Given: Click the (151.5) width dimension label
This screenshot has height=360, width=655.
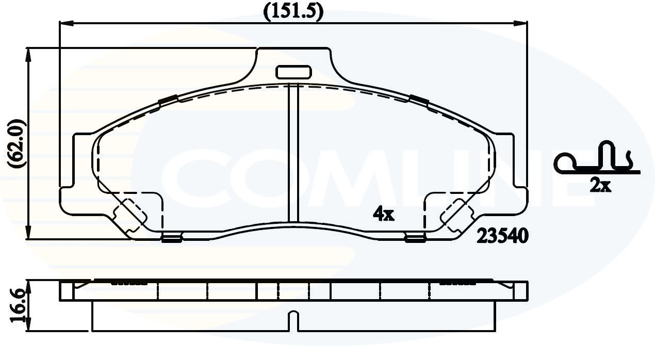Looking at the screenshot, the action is [293, 12].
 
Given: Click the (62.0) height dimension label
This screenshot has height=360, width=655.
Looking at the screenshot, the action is [17, 143].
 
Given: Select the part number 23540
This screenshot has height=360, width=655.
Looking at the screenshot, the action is [503, 236].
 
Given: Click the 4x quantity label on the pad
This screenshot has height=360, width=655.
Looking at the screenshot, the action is [383, 214].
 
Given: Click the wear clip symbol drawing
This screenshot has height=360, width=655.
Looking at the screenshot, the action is [597, 158].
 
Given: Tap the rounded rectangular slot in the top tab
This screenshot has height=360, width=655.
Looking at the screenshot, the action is [293, 72].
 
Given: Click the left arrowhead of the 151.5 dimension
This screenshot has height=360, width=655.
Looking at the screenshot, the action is [66, 24].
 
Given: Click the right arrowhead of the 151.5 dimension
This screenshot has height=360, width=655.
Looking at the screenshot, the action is [521, 24].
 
